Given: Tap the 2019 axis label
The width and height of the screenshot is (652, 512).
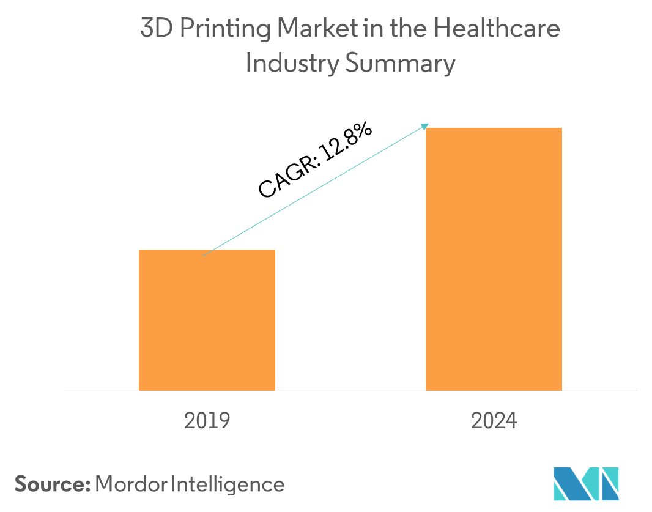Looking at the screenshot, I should click(207, 421).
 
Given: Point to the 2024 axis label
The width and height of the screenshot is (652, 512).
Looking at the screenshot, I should click(494, 421).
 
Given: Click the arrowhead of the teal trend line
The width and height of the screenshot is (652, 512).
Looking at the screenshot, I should click(425, 125).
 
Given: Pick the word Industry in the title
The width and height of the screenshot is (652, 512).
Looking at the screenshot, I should click(291, 64).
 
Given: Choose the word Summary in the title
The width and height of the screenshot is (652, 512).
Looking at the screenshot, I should click(400, 64).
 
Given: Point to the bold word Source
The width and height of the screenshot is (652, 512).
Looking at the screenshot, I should click(52, 484).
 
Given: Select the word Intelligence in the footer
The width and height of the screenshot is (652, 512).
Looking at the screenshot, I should click(228, 484).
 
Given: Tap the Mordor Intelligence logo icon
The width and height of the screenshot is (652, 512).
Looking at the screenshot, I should click(586, 484).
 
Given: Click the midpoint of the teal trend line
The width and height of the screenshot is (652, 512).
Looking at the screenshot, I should click(314, 191).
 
